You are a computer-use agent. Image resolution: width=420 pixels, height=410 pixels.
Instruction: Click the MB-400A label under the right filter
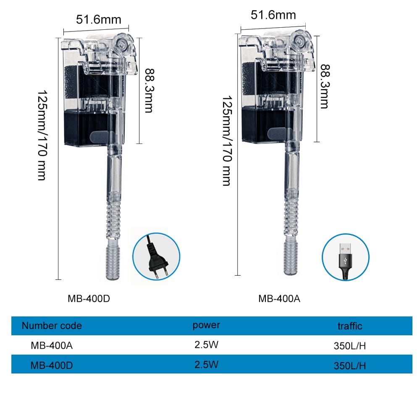(279, 299)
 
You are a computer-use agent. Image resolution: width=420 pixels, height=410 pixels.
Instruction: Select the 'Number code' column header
(52, 326)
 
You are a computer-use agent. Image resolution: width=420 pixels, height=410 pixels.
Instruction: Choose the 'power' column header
(206, 325)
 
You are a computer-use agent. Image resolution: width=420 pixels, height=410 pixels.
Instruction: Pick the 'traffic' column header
(349, 326)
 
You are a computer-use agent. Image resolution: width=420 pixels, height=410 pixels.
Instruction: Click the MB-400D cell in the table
(52, 365)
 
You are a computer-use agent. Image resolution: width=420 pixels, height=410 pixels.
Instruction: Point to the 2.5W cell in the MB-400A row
(206, 345)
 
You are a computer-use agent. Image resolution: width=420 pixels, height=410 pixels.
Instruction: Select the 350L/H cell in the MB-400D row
(349, 366)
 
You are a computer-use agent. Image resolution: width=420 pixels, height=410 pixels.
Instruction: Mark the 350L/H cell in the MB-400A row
(349, 346)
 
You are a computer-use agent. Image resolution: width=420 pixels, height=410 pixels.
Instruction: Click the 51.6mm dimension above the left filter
(99, 19)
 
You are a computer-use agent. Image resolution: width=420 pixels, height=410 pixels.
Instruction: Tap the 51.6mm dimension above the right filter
(273, 15)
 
